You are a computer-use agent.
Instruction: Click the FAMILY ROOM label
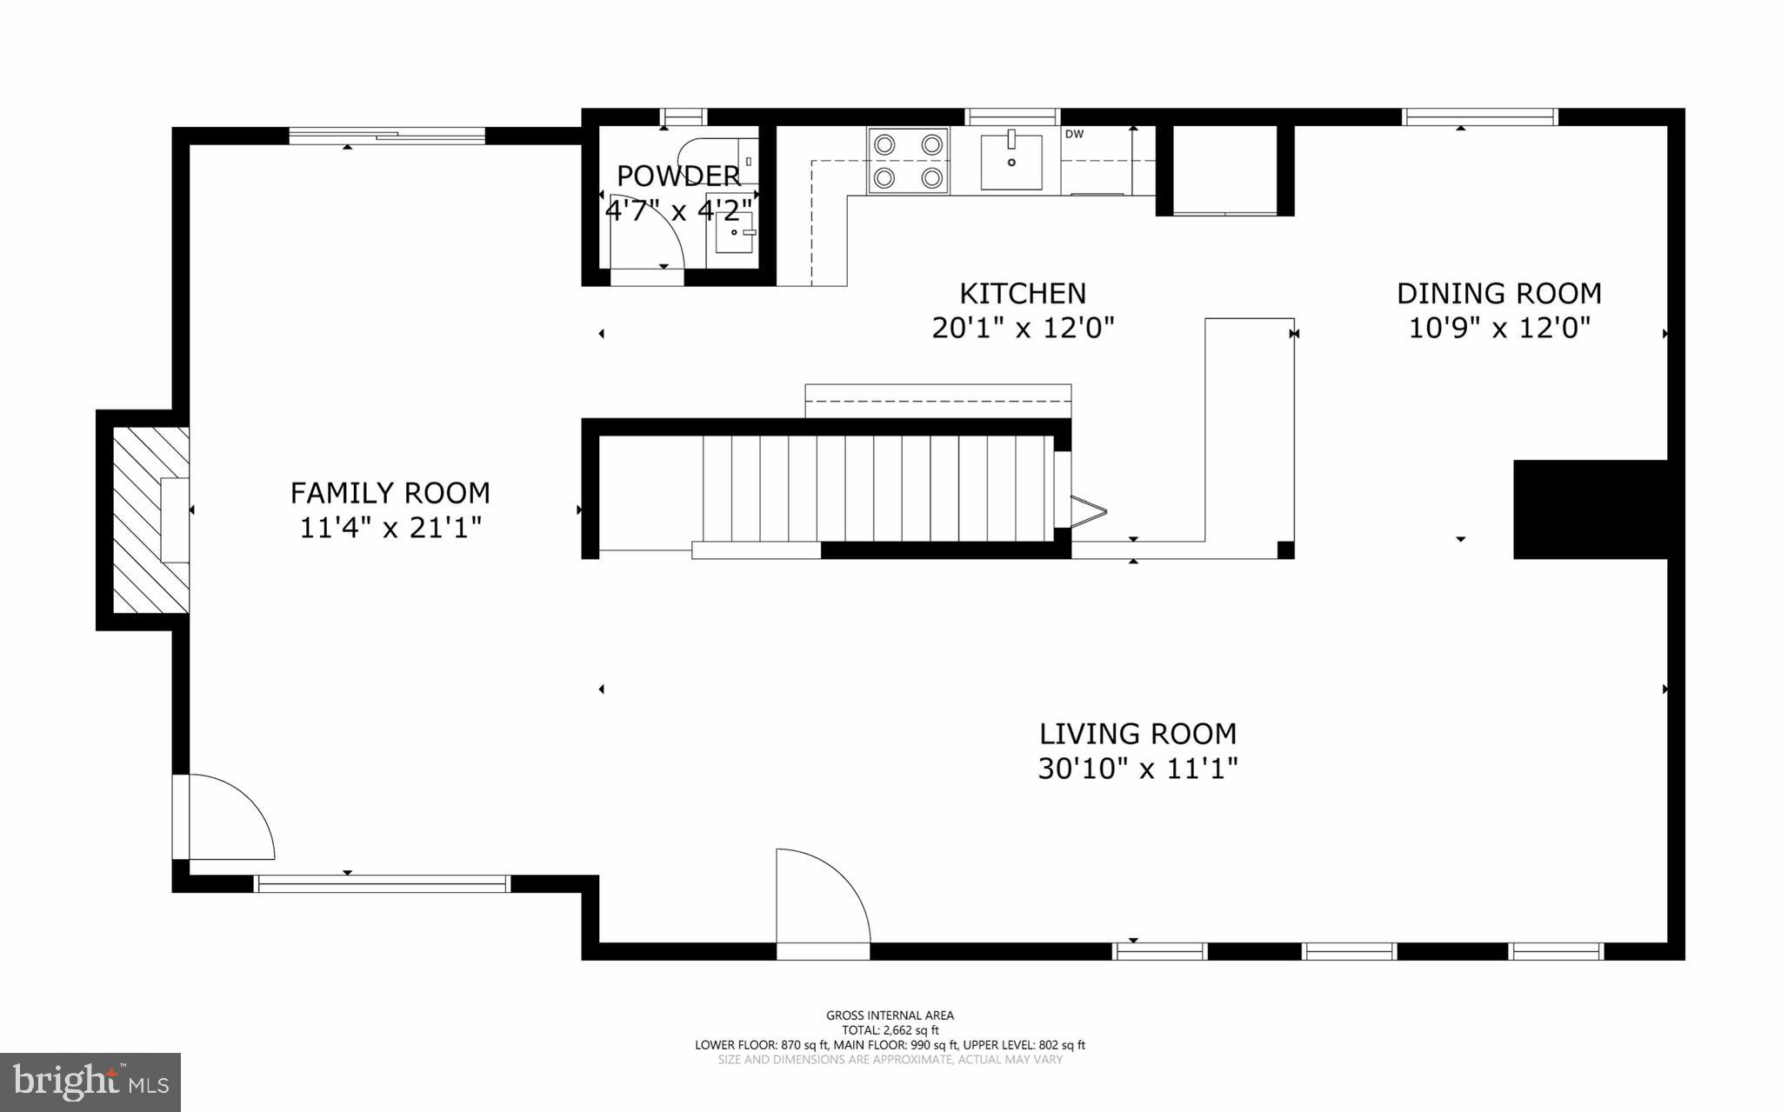coord(390,493)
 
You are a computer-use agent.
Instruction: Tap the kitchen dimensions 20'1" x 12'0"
coord(1023,329)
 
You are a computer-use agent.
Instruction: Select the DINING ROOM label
coord(1498,294)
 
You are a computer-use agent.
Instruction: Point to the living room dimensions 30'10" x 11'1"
coord(1137,769)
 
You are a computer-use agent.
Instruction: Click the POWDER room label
coord(678,176)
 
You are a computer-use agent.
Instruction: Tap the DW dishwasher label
coord(1074,134)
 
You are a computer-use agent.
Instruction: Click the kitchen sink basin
coord(1011,162)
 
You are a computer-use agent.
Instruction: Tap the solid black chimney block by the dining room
coord(1590,509)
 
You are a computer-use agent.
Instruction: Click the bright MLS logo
coord(90,1082)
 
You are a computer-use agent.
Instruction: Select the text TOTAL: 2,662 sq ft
coord(890,1030)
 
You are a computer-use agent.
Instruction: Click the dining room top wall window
coord(1479,117)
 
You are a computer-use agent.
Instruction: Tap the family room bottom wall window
coord(382,884)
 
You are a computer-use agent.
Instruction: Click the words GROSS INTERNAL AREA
coord(890,1015)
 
